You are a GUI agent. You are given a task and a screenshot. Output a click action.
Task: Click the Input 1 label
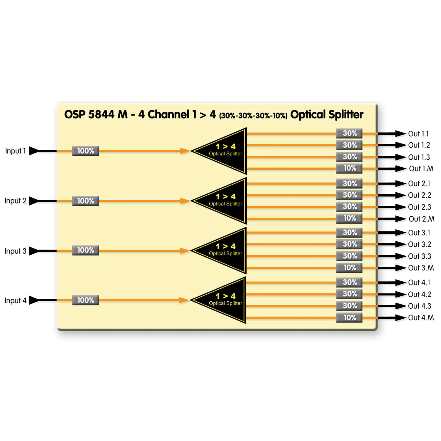pos(15,151)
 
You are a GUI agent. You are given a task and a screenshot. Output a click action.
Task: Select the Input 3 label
pos(15,251)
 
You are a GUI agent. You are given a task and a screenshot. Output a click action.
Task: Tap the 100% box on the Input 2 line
pos(86,201)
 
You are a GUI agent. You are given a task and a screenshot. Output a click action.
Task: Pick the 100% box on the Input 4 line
pos(86,300)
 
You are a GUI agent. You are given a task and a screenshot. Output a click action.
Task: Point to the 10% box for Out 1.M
pos(349,168)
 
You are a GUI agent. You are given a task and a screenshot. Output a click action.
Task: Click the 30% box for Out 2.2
pos(349,195)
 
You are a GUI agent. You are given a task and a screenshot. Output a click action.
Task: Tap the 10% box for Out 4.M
pos(349,318)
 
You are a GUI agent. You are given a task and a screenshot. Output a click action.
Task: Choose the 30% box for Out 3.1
pos(349,233)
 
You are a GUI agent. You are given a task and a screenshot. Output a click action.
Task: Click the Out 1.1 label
pos(418,134)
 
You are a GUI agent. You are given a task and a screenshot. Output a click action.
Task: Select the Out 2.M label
pos(421,219)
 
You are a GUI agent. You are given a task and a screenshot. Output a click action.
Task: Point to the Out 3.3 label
pos(420,256)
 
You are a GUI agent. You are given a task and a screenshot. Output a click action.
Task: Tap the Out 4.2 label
pos(420,294)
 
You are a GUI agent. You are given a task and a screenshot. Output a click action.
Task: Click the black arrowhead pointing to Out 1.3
pos(401,157)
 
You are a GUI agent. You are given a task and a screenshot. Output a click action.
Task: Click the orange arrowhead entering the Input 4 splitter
pos(184,300)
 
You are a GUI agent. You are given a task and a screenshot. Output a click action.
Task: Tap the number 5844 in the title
pos(101,115)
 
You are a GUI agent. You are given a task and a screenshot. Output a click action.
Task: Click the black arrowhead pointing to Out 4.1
pos(401,283)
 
